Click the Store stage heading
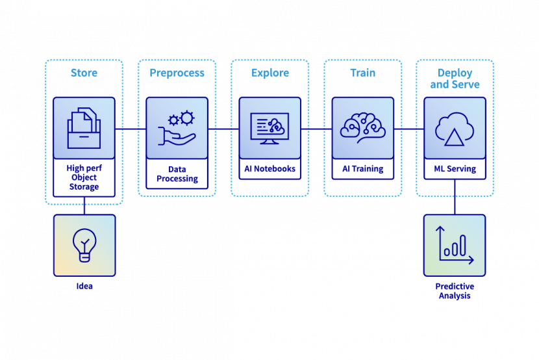[84, 73]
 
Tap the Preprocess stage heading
[177, 73]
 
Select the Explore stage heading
[270, 73]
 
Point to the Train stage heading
[362, 73]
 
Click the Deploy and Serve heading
[455, 79]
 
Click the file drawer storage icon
[84, 128]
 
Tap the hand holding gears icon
[177, 128]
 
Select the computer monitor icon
[270, 128]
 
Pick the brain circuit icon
[362, 127]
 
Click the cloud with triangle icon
[455, 128]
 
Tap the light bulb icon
[84, 246]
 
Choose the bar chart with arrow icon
[455, 246]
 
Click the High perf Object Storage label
[84, 177]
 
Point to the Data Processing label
[177, 174]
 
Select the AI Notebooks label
[270, 169]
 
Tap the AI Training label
[362, 169]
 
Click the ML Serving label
[455, 169]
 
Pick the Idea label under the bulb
[84, 286]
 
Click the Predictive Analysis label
[455, 290]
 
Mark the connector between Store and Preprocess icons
[131, 129]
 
